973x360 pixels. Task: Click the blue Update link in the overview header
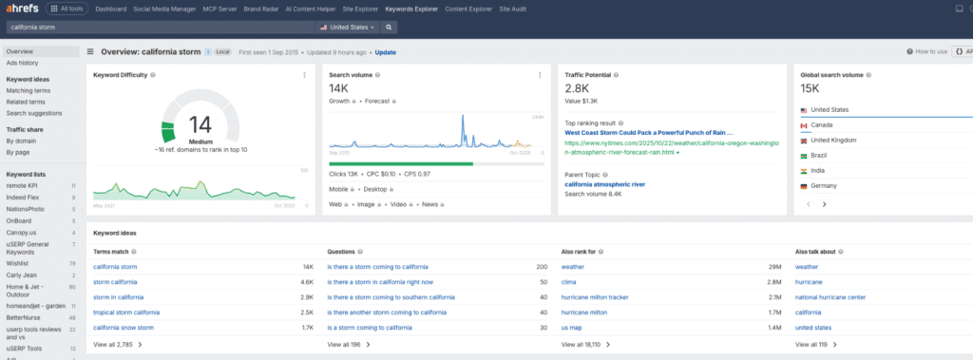coord(386,52)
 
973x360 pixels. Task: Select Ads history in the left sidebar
coord(23,63)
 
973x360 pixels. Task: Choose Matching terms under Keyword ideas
coord(29,90)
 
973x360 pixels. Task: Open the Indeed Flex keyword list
coord(24,197)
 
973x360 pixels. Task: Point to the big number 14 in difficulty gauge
coord(200,125)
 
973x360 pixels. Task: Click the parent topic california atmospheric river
coord(604,183)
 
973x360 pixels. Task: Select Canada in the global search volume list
coord(822,125)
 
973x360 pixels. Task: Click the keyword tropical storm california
coord(126,312)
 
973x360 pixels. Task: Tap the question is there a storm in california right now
coord(380,282)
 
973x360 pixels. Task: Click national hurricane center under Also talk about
coord(830,296)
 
